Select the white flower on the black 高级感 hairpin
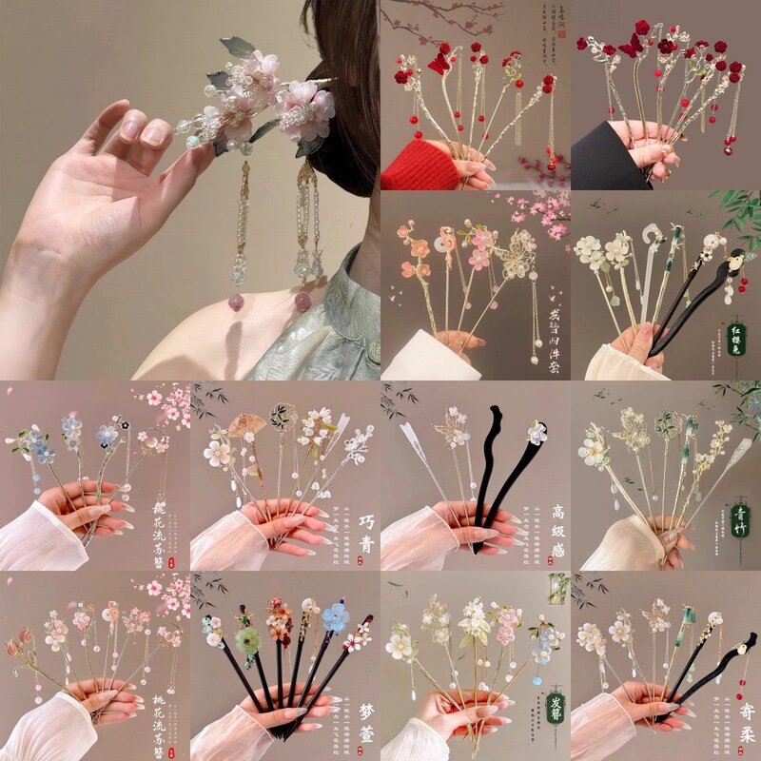point(537,434)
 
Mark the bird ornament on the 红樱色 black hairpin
point(733,257)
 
